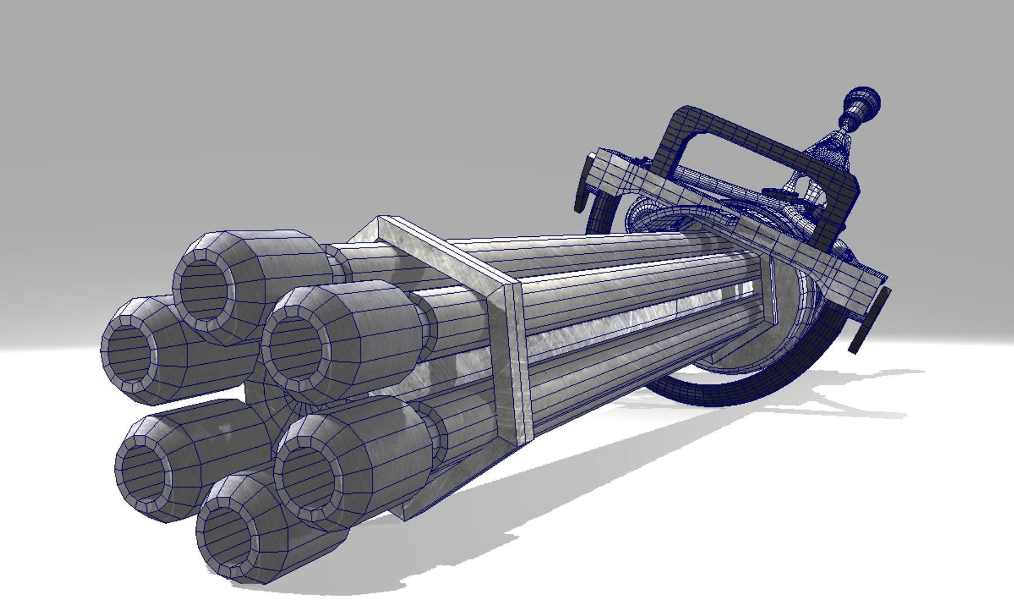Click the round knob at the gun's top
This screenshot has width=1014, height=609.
(x=864, y=103)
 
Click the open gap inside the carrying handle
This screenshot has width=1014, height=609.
(x=749, y=164)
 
